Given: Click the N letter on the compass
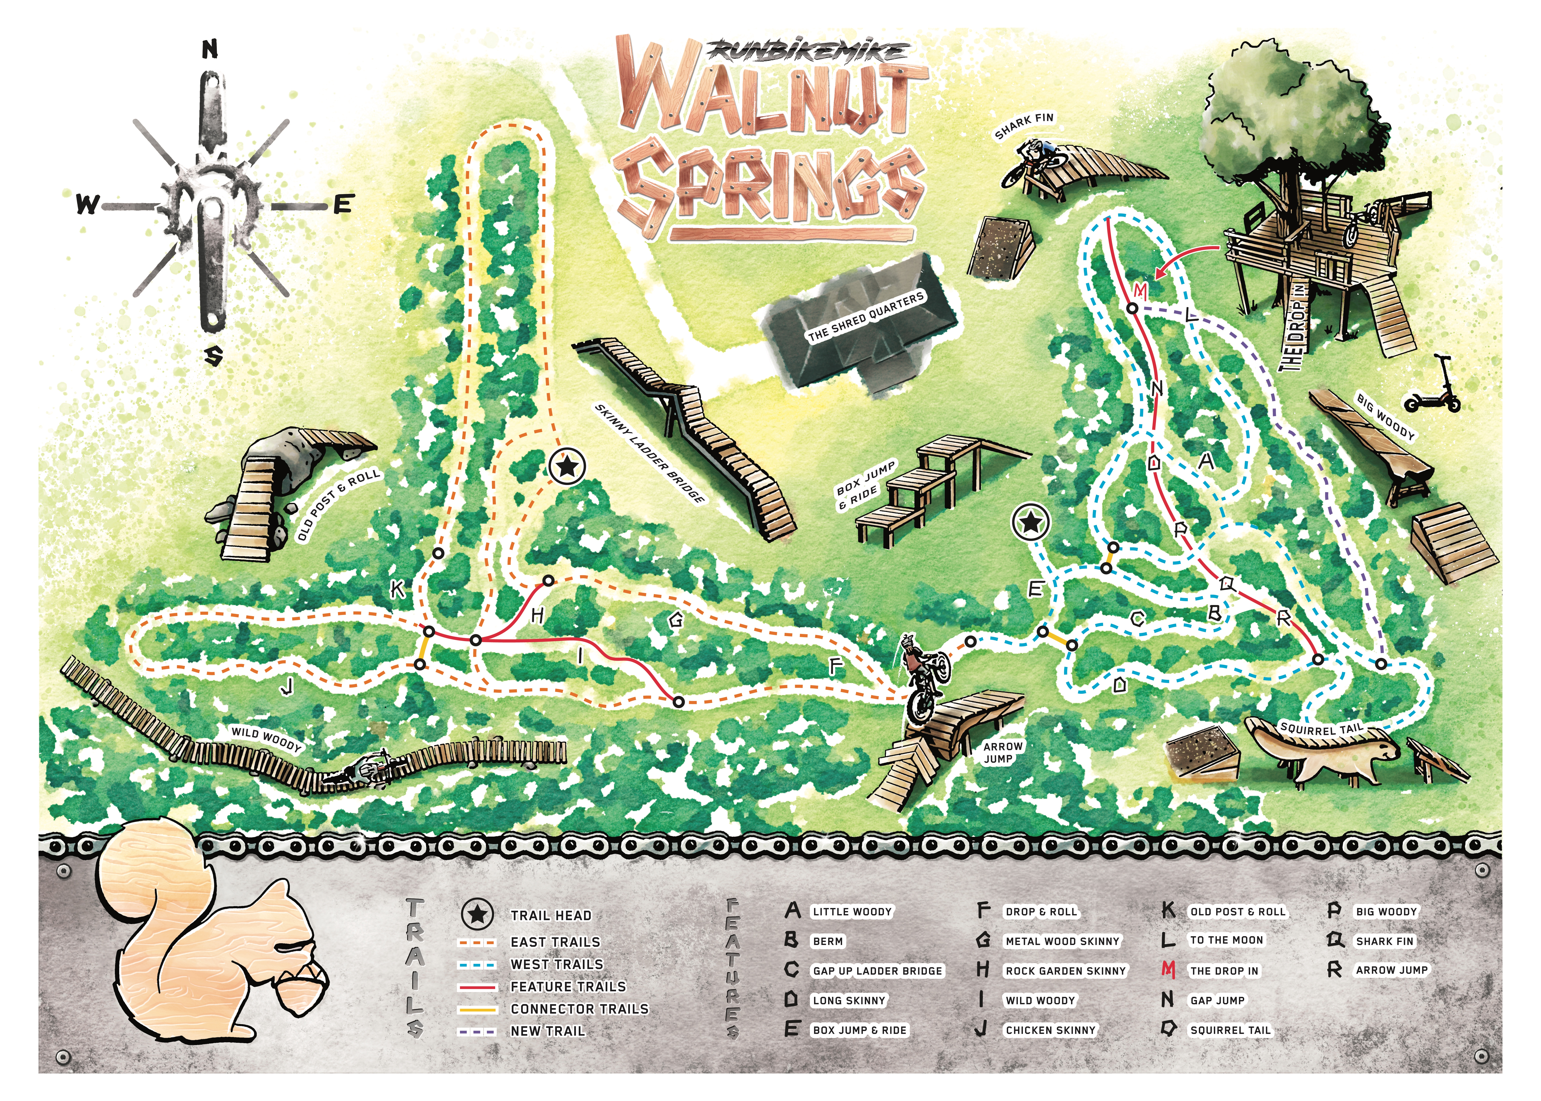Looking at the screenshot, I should [x=210, y=50].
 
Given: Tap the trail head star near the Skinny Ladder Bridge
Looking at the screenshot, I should [x=567, y=466].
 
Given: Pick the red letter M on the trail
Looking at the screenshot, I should [x=1141, y=292].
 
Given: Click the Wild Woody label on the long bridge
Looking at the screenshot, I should [x=266, y=739].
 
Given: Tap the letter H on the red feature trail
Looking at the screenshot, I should [x=537, y=616].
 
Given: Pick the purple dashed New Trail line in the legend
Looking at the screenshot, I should [x=478, y=1031].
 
